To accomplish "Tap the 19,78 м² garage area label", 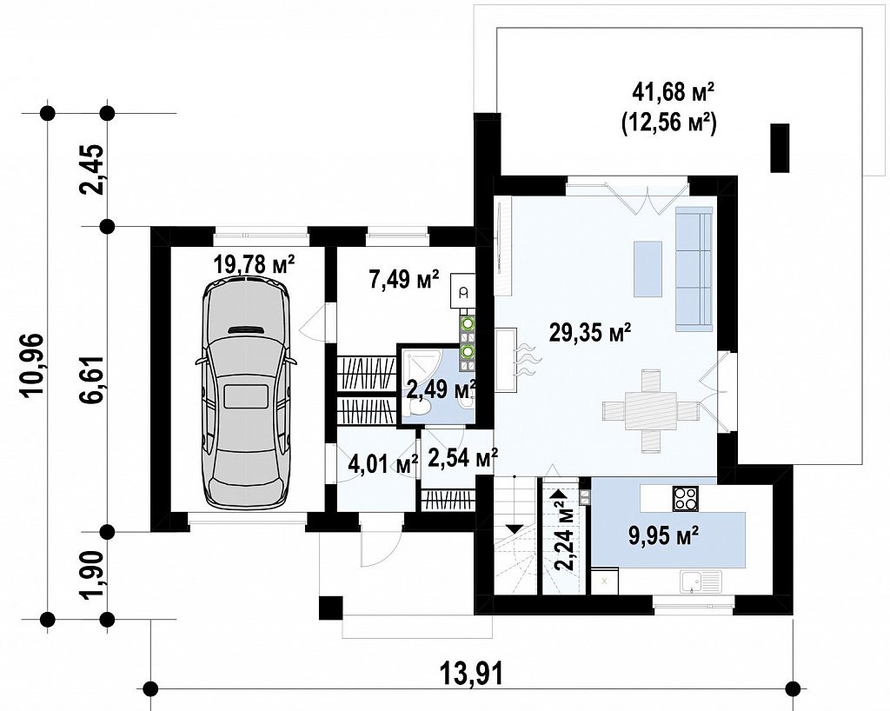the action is pyautogui.click(x=255, y=264).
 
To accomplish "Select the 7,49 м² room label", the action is pyautogui.click(x=404, y=279).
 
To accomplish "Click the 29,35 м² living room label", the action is pyautogui.click(x=590, y=333).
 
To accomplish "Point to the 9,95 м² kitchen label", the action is pyautogui.click(x=664, y=535).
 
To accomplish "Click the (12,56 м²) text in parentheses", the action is pyautogui.click(x=670, y=123).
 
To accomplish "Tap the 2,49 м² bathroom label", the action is pyautogui.click(x=441, y=389).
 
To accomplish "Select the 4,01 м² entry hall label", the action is pyautogui.click(x=382, y=466).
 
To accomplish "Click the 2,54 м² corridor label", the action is pyautogui.click(x=463, y=458).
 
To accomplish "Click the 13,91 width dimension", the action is pyautogui.click(x=471, y=674).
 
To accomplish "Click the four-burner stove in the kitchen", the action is pyautogui.click(x=686, y=498).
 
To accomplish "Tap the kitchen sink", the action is pyautogui.click(x=702, y=581).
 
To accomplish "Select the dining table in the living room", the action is pyautogui.click(x=651, y=411).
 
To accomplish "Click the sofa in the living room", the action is pyautogui.click(x=694, y=268).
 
